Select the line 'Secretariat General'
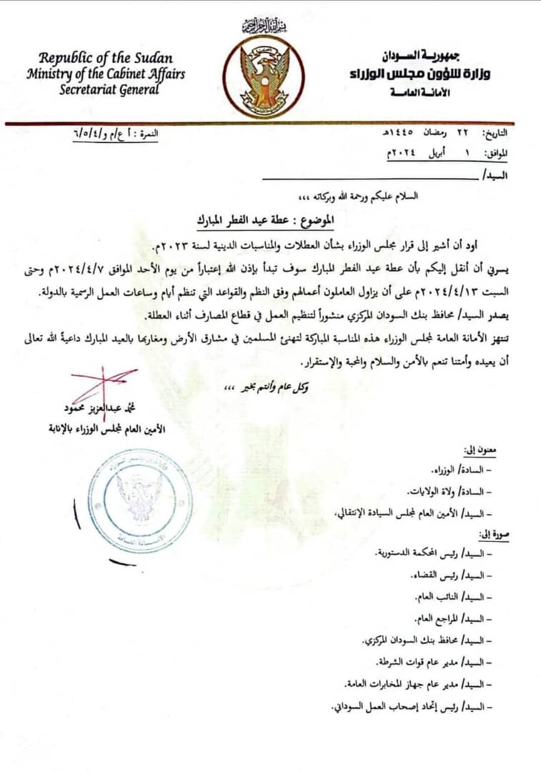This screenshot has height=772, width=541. (x=99, y=90)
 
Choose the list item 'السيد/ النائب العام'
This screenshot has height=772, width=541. (x=455, y=595)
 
